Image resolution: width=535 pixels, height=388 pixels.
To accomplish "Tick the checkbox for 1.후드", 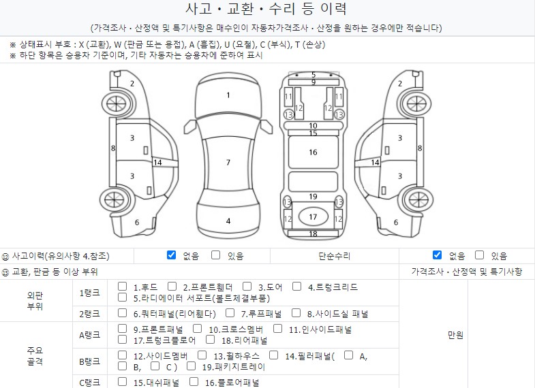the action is coord(122,287).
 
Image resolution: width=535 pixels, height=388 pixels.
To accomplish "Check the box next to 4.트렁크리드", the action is coord(297,287).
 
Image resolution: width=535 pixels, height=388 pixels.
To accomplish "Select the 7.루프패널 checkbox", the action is coord(230,312).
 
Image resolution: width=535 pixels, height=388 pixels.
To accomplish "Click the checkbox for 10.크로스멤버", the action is coord(197,329).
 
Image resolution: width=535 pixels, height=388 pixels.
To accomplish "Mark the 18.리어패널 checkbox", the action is coord(210,340).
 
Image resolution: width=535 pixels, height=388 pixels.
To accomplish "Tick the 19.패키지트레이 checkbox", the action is coord(191,366).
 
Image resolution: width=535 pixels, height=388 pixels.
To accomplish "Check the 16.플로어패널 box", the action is coord(194,382).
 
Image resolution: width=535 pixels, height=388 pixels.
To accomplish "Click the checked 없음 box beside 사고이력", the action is coord(171,255).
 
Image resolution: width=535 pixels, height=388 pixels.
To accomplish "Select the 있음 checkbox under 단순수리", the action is coord(479,255).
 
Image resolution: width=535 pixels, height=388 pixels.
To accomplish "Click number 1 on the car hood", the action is coord(228,95).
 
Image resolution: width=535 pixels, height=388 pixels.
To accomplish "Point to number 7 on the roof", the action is coord(228,163).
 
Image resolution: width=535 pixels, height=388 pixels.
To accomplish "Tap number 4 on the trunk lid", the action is coord(228,221).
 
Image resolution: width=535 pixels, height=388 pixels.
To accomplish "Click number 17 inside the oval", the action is coord(314,217).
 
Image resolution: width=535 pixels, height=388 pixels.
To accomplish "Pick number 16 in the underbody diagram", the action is coord(314,152).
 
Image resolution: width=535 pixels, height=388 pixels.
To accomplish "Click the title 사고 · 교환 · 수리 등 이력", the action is coord(266,9).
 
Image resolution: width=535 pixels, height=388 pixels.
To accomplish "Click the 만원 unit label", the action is coord(455,335).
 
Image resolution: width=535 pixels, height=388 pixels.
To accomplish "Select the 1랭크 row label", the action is coord(90,293).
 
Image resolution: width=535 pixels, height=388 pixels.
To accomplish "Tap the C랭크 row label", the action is coord(90,383).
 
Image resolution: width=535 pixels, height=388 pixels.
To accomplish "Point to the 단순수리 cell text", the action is coord(335,256).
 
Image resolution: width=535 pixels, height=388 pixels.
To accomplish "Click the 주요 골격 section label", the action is coord(35,355).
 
